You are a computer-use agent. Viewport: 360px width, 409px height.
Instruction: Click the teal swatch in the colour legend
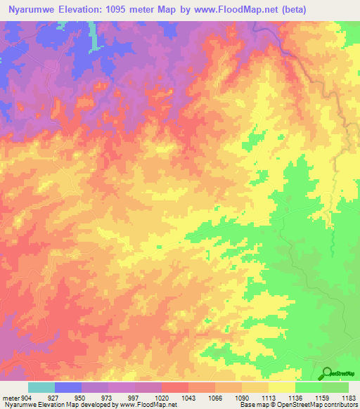pos(41,387)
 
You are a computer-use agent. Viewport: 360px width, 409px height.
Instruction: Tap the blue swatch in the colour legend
pos(67,387)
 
